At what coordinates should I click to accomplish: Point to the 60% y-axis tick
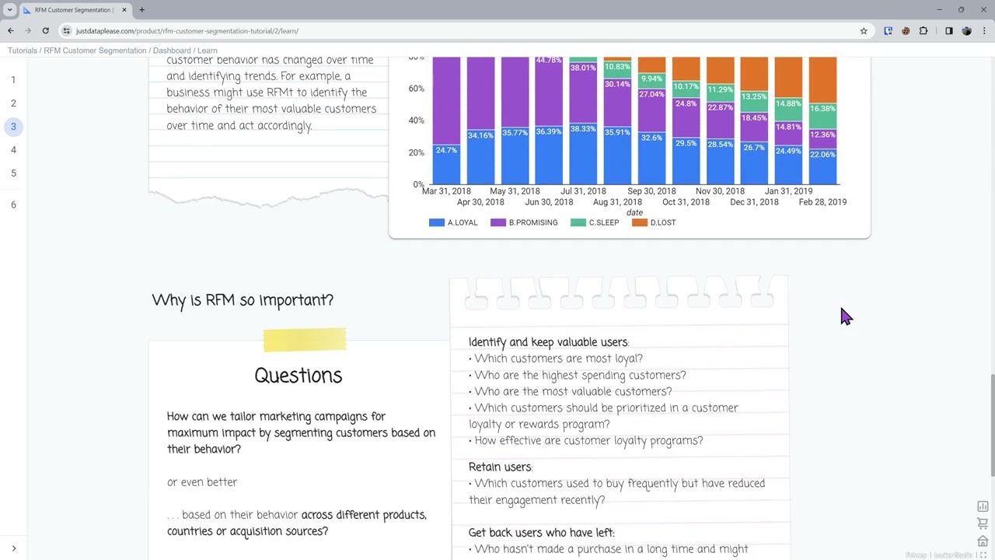[x=416, y=89]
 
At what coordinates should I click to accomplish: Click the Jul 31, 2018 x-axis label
[x=583, y=191]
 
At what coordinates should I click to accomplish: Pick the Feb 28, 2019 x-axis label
[x=822, y=202]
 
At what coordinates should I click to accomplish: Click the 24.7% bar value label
[x=446, y=150]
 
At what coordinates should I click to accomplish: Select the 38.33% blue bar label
[x=583, y=129]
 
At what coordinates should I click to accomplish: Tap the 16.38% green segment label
[x=822, y=109]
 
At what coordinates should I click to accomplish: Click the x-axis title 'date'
[x=634, y=213]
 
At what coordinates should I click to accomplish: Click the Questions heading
[x=298, y=376]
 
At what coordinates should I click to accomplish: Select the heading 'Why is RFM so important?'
[x=243, y=300]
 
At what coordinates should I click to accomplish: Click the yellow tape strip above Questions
[x=305, y=340]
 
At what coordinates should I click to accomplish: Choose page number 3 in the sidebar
[x=13, y=127]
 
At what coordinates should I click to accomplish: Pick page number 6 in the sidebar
[x=13, y=205]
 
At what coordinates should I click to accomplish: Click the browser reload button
[x=46, y=31]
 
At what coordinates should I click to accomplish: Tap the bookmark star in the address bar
[x=864, y=31]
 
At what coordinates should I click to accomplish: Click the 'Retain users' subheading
[x=500, y=467]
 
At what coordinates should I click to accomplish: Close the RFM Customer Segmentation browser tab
[x=124, y=10]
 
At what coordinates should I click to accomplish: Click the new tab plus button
[x=141, y=10]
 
